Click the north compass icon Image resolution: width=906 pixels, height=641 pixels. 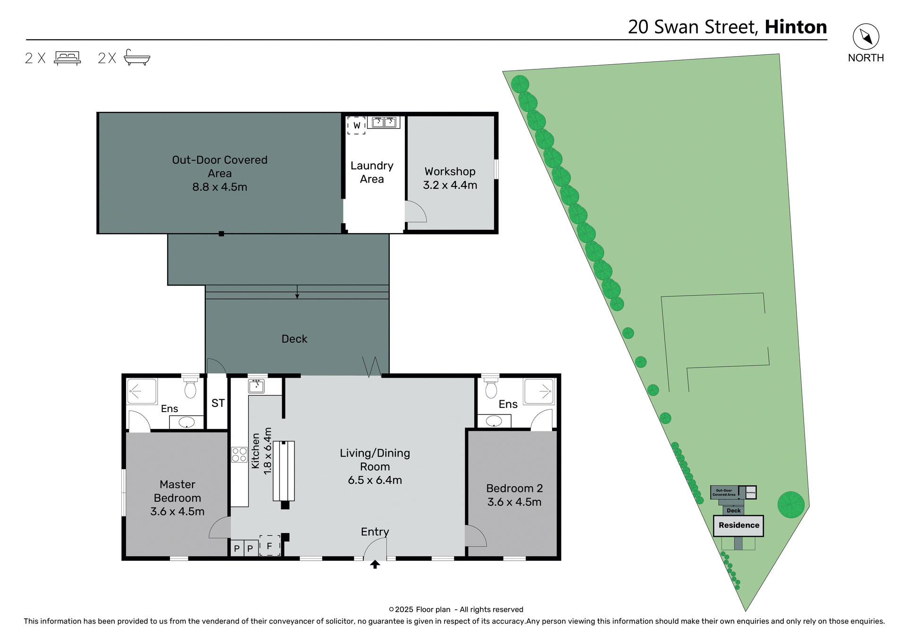click(x=865, y=36)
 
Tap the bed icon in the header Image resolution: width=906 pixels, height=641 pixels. click(x=67, y=58)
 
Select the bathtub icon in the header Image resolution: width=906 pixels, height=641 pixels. click(x=136, y=58)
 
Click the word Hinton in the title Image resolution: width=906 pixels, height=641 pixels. click(x=796, y=27)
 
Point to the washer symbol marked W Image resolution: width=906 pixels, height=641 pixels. click(x=356, y=126)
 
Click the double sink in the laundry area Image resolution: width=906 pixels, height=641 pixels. click(x=384, y=122)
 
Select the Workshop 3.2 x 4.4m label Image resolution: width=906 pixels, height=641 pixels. click(x=450, y=178)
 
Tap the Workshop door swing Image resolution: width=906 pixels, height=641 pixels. click(x=415, y=212)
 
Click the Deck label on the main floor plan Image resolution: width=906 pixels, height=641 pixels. click(x=294, y=339)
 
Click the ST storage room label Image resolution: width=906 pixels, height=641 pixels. click(x=218, y=403)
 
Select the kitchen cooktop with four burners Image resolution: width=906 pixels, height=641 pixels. click(x=239, y=455)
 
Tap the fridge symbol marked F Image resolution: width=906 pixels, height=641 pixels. click(x=269, y=546)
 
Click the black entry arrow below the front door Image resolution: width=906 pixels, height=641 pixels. click(x=375, y=565)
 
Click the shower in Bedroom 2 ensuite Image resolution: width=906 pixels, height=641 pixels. click(x=539, y=391)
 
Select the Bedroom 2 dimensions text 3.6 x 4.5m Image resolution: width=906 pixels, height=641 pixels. click(x=514, y=502)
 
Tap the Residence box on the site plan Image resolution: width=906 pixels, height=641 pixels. click(x=738, y=525)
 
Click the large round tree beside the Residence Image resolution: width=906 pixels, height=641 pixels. click(x=791, y=505)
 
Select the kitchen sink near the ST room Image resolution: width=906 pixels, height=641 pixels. click(x=256, y=386)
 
